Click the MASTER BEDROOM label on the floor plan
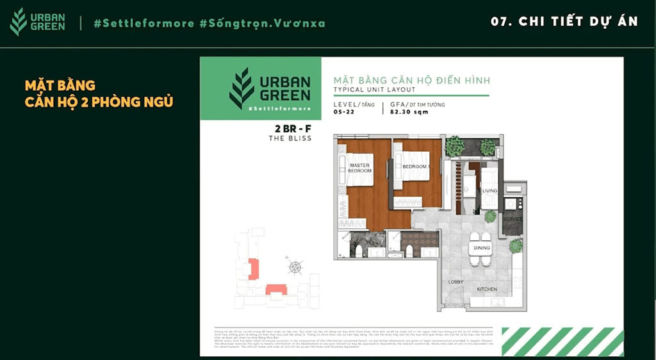coord(360,168)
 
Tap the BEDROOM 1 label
coord(415,167)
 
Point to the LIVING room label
coord(490,190)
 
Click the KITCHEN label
coord(487,289)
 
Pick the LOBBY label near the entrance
coord(455,281)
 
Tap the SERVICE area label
coord(513,219)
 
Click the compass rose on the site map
coord(295,266)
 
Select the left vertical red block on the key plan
coord(254,268)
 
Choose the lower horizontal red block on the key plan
coord(277,290)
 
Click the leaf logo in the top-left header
coord(19,22)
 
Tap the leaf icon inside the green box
coord(242,88)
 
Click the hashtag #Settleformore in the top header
coord(143,23)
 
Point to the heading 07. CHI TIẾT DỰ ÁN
coord(564,21)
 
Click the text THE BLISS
coord(290,138)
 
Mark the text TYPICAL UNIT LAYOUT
coord(374,90)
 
